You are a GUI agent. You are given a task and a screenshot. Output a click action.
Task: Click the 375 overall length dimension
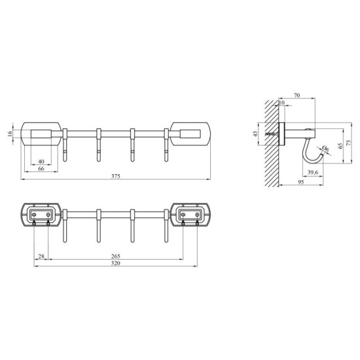[x=115, y=175]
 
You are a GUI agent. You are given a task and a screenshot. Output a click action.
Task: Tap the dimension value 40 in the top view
[x=41, y=161]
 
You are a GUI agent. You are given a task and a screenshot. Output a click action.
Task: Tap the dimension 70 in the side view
[x=297, y=96]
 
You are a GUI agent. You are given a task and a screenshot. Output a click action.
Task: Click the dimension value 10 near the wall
[x=282, y=103]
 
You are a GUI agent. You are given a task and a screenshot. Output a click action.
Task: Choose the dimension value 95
[x=300, y=183]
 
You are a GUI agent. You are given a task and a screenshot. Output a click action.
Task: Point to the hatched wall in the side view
[x=271, y=144]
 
